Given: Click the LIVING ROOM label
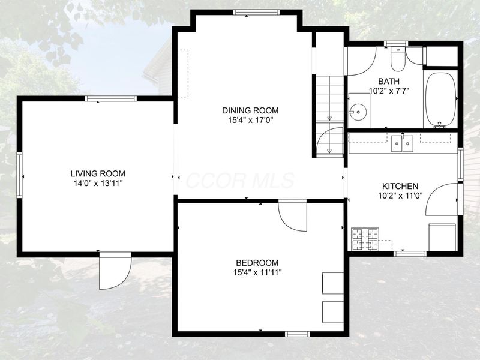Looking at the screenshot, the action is [x=98, y=173].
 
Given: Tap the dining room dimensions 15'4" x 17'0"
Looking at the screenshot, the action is [x=250, y=121].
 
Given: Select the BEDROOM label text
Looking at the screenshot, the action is [x=257, y=263].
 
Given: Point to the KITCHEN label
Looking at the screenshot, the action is [x=400, y=186].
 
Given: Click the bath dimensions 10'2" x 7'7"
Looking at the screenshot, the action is [x=389, y=91].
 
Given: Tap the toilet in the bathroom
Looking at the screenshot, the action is [x=398, y=59].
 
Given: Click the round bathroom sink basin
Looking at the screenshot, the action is [x=359, y=112].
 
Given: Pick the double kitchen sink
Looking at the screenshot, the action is [x=402, y=143].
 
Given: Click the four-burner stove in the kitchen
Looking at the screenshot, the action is [x=365, y=239].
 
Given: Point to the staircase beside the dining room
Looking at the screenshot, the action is [x=329, y=116].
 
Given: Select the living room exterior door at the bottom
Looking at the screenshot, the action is [x=115, y=271].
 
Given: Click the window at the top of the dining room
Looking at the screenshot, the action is [x=256, y=12].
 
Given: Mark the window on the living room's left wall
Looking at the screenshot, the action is [x=20, y=175].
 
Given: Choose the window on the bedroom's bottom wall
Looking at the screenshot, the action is [x=297, y=334].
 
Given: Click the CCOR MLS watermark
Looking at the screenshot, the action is [x=239, y=181].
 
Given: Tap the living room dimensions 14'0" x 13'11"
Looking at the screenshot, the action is [x=98, y=184].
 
